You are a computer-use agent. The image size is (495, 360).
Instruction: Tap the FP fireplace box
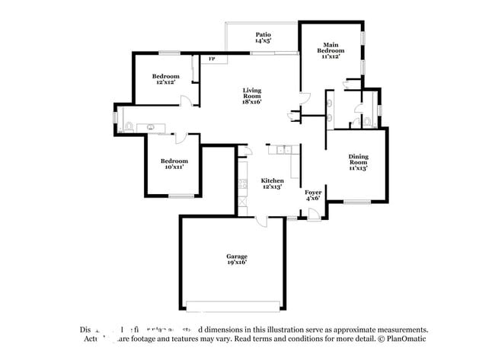tap(212, 58)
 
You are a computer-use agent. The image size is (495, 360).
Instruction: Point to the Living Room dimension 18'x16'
tap(252, 101)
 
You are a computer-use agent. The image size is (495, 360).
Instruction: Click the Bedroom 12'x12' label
tap(165, 79)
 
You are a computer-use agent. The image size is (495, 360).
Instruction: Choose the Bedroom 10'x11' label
tap(174, 164)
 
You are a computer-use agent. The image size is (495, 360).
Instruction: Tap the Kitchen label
tap(272, 183)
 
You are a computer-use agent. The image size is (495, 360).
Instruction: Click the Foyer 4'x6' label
tap(313, 196)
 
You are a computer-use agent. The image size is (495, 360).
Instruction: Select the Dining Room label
tap(358, 161)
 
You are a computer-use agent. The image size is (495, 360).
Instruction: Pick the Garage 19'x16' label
tap(236, 259)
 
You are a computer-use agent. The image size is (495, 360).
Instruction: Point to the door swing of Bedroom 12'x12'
tap(196, 97)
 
